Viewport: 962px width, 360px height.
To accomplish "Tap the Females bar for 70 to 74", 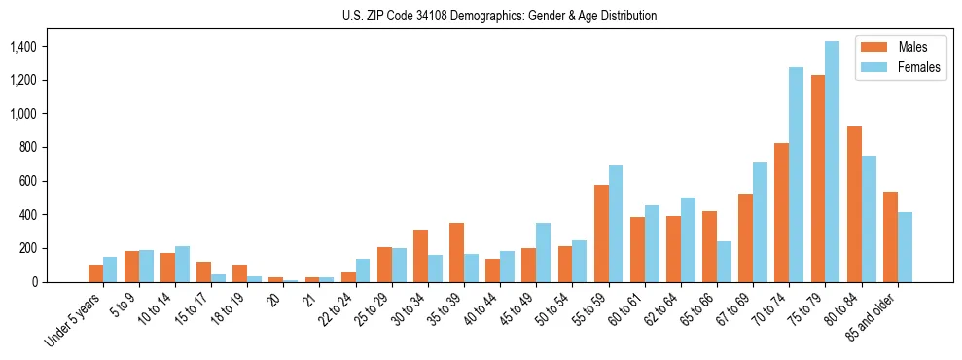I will [797, 175].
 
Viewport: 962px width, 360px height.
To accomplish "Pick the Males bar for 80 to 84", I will [854, 204].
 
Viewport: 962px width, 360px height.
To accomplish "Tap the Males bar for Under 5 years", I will [95, 273].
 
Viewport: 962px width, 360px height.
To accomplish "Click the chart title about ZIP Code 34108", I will [499, 16].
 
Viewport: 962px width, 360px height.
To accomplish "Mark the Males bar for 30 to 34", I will [420, 256].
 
